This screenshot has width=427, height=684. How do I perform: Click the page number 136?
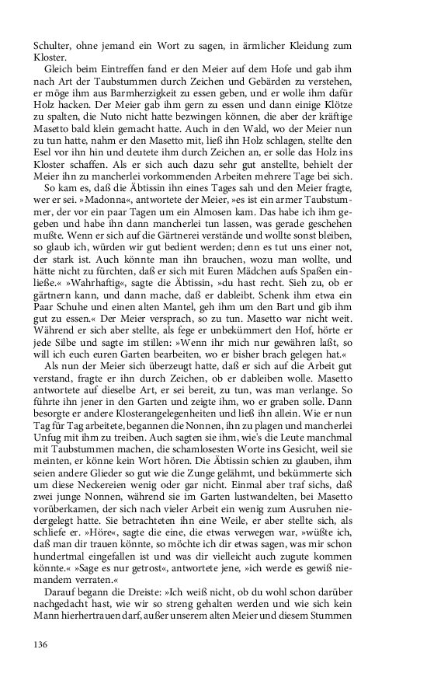pyautogui.click(x=40, y=644)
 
